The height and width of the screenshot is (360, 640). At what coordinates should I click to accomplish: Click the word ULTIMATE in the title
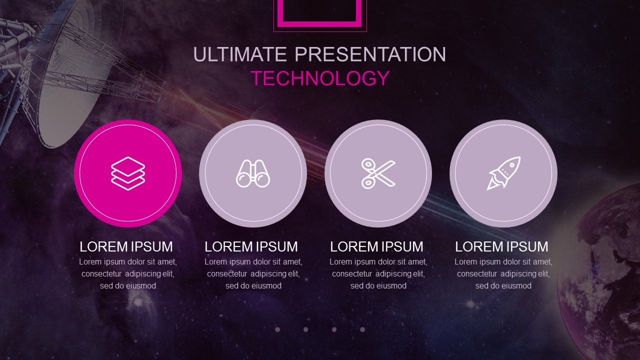[239, 54]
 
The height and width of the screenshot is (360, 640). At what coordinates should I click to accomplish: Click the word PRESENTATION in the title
[370, 54]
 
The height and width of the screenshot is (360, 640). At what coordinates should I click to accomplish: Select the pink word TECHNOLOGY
[320, 78]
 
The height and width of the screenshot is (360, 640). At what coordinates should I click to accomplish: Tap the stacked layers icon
[128, 173]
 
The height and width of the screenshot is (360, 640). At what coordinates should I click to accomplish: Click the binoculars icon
[253, 173]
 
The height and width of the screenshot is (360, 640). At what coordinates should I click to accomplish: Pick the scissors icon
[378, 173]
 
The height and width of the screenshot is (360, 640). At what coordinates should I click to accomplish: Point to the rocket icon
[503, 173]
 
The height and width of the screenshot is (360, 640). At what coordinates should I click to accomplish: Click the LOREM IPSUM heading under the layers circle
[126, 246]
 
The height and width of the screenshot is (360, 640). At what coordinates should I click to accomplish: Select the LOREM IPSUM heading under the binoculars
[251, 246]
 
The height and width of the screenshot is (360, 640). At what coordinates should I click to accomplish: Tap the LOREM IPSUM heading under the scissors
[376, 246]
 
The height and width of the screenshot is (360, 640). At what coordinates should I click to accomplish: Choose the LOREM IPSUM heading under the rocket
[501, 246]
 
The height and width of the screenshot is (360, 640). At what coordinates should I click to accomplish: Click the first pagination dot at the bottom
[277, 329]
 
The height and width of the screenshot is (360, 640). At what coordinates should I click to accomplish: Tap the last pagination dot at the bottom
[362, 329]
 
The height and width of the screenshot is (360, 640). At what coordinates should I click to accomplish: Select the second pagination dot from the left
[305, 329]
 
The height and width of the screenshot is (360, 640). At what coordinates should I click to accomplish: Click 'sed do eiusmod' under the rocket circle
[503, 285]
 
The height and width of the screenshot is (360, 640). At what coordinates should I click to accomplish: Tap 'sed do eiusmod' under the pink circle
[128, 285]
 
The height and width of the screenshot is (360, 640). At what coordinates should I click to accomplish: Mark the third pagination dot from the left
[334, 329]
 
